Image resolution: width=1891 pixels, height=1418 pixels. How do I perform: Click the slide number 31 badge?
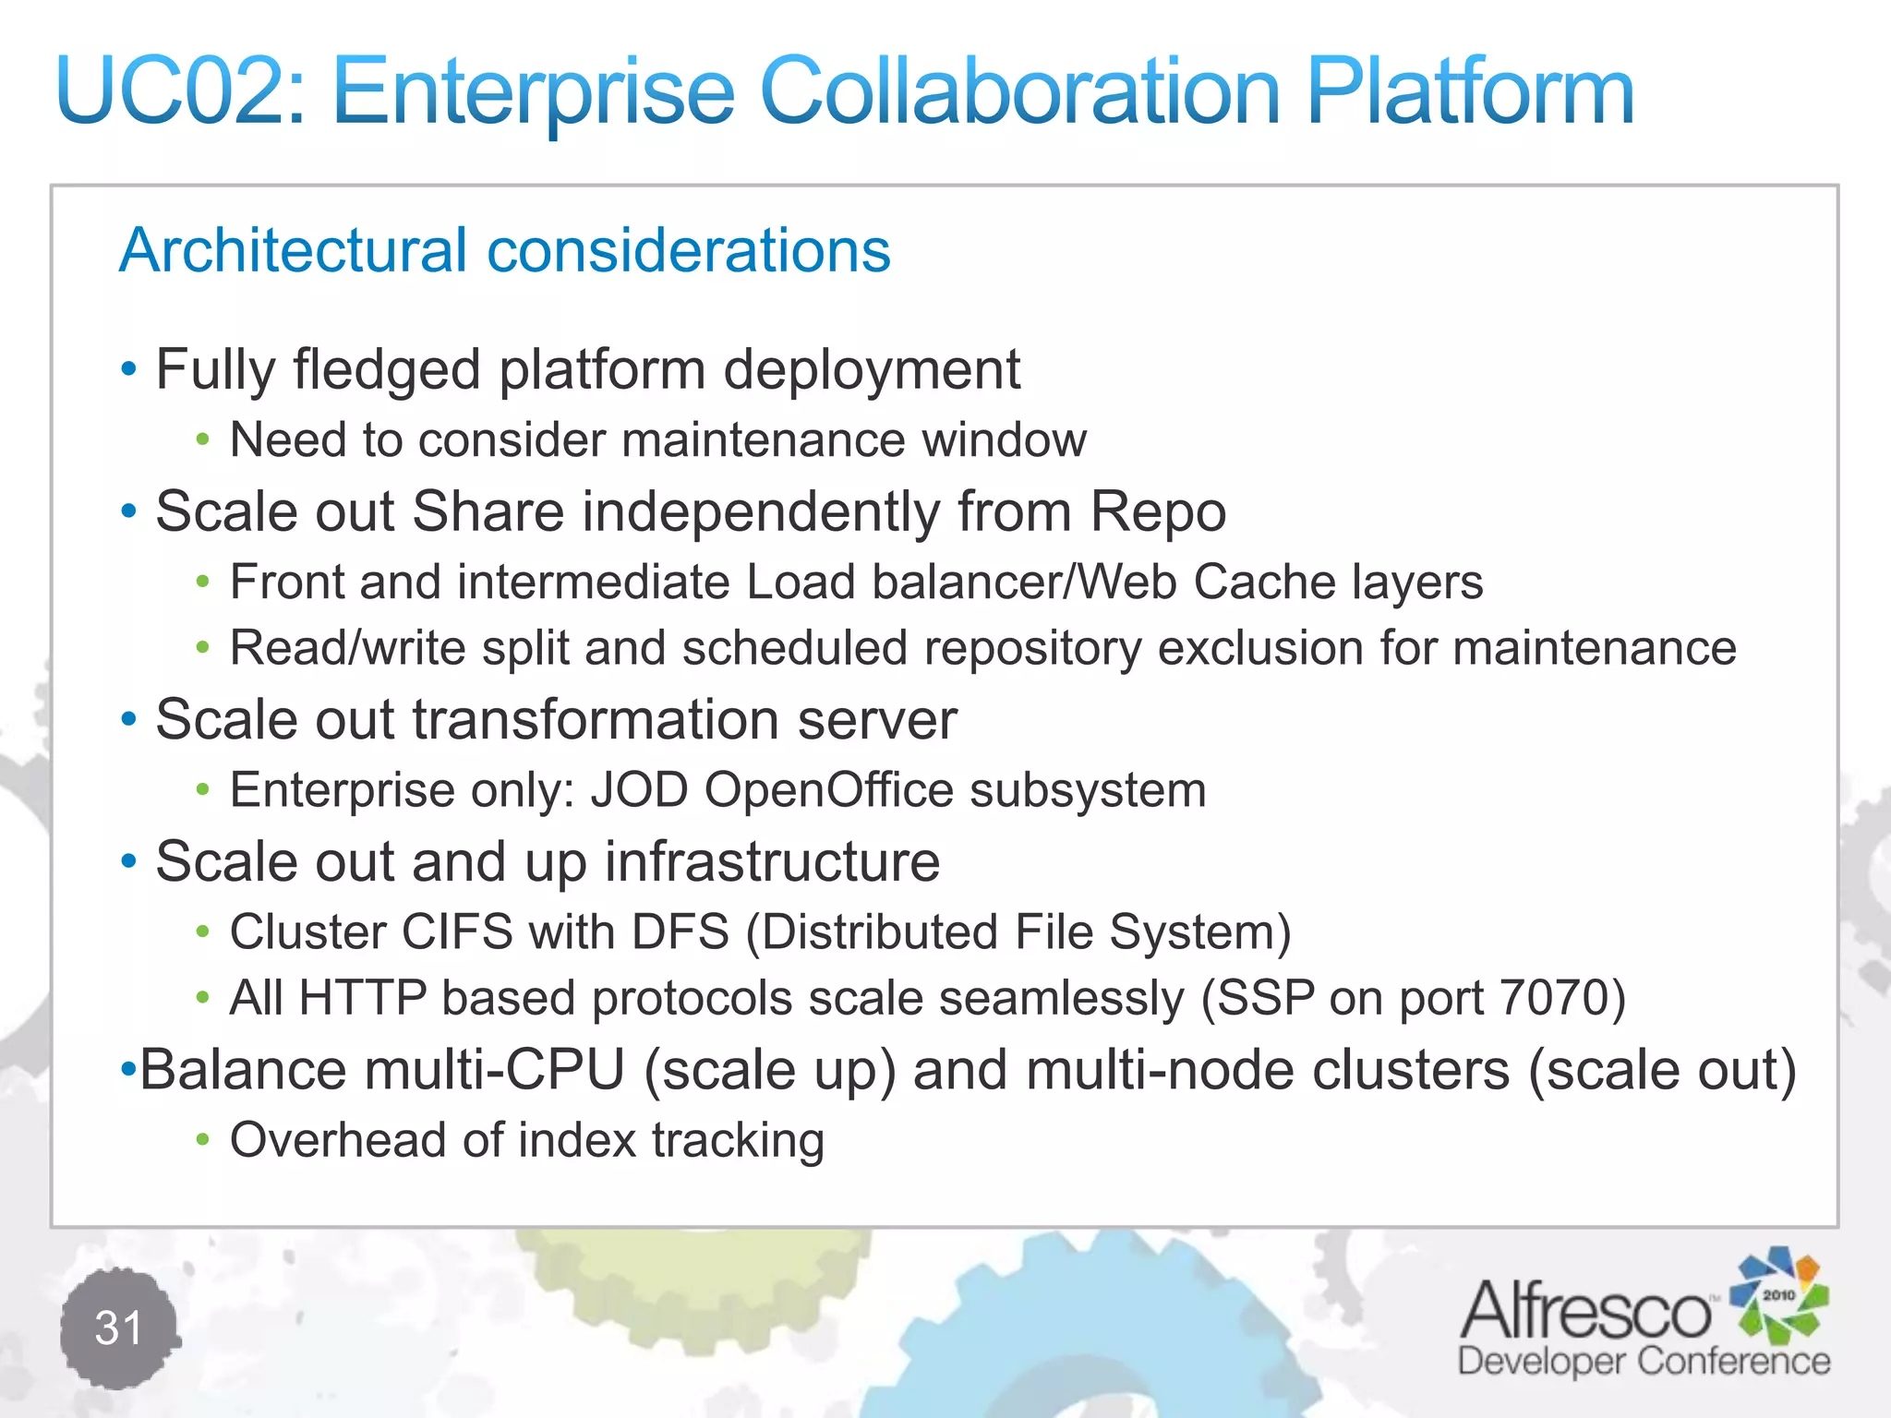click(119, 1328)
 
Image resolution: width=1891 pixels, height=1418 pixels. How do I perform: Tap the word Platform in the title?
click(1470, 91)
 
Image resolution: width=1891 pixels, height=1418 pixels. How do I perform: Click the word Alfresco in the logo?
click(1584, 1311)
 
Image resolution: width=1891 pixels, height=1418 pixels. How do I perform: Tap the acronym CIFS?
click(456, 931)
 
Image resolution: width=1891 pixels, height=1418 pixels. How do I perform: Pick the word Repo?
click(1158, 511)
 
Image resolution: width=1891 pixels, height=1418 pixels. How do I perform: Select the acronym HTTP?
click(363, 998)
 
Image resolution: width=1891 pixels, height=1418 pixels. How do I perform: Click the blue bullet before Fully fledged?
click(129, 370)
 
